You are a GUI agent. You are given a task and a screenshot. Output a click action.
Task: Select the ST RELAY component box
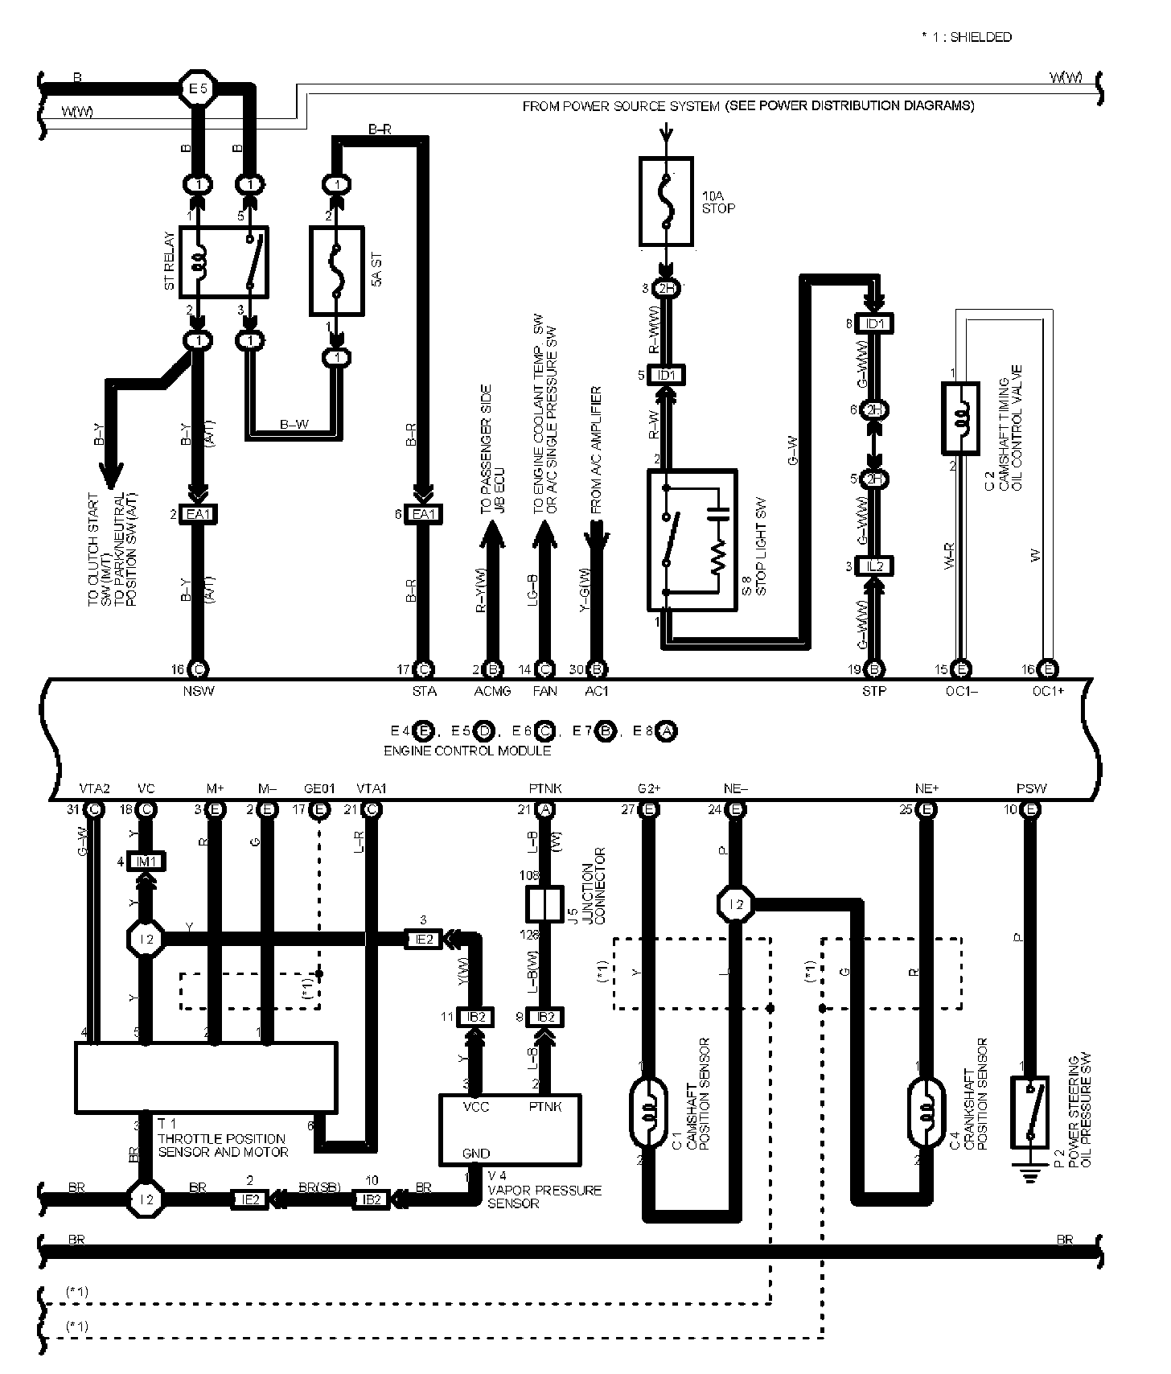(x=224, y=261)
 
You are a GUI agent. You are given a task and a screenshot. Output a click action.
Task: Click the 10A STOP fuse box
(x=666, y=201)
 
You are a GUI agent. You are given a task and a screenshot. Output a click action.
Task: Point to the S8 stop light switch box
(x=692, y=541)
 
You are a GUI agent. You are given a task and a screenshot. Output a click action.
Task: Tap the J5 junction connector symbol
(x=544, y=904)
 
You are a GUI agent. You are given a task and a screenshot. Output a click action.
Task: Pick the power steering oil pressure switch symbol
(x=1029, y=1111)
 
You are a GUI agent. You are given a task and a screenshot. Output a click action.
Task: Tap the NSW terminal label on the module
(x=199, y=690)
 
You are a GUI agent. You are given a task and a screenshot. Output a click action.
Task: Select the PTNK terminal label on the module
(x=540, y=788)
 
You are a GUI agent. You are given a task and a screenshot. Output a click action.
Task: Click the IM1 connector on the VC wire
(x=147, y=862)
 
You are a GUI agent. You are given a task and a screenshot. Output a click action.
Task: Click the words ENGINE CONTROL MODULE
(x=467, y=751)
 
